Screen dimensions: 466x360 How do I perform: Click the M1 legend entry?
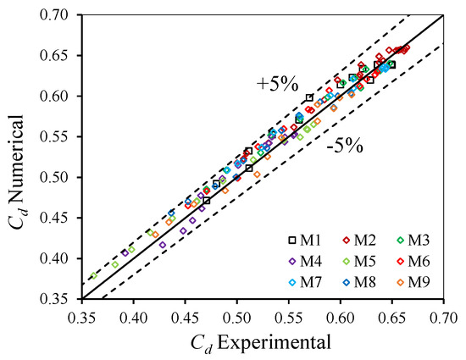pos(306,241)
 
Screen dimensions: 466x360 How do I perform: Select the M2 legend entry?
pos(359,241)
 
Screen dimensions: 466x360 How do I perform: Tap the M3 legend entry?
pos(413,241)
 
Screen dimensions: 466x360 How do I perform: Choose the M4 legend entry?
pos(306,262)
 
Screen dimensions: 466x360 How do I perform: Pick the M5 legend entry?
pos(359,262)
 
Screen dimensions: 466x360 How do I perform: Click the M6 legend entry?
pos(413,262)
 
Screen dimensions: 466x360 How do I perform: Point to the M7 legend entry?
pos(306,282)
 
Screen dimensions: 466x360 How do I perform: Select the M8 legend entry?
pos(359,282)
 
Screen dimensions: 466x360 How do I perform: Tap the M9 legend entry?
pos(413,282)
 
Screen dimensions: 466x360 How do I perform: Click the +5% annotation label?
pos(277,85)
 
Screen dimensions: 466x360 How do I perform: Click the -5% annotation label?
pos(345,147)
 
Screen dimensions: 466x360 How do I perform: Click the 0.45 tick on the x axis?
pos(186,318)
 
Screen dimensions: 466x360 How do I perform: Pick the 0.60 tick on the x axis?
pos(341,318)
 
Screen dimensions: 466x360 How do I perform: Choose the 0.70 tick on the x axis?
pos(443,318)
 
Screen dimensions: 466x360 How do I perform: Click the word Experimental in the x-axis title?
pos(274,343)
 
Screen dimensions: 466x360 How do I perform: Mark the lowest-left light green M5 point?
pos(94,275)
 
